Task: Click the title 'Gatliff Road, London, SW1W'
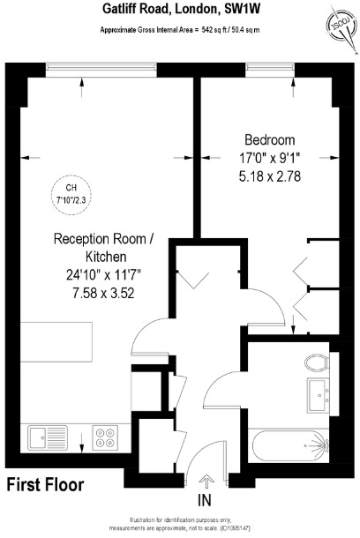[179, 10]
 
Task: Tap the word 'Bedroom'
[269, 140]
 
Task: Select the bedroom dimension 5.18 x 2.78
[269, 176]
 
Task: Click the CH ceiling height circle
[73, 191]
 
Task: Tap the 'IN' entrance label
[205, 500]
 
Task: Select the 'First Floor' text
[45, 484]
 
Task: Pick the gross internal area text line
[179, 30]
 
